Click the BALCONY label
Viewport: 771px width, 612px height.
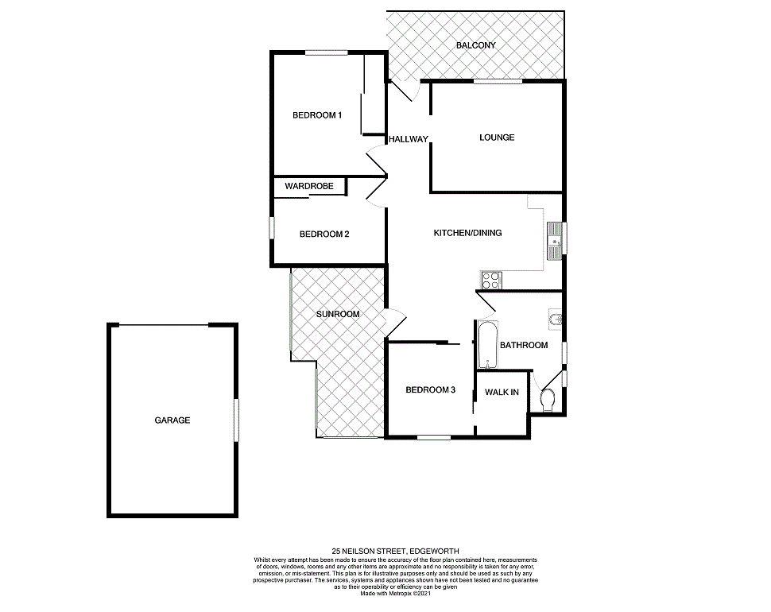coord(475,45)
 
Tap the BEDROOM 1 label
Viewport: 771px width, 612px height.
coord(317,115)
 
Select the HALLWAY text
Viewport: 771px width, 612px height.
coord(409,140)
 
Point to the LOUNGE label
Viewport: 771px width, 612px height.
coord(497,138)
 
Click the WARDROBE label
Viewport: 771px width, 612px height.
coord(308,186)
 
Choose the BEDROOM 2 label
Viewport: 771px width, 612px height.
coord(324,234)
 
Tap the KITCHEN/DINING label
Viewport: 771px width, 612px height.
coord(467,233)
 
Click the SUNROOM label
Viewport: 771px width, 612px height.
coord(338,314)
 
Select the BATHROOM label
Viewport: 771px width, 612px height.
coord(524,345)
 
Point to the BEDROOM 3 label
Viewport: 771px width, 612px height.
coord(430,389)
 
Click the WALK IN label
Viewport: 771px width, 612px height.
coord(502,392)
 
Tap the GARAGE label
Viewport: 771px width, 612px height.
coord(172,420)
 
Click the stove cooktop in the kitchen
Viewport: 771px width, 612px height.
coord(491,280)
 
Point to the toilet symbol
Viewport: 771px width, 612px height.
coord(545,401)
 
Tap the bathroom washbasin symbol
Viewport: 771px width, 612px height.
coord(555,320)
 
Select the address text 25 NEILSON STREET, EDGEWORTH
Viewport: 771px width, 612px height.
coord(395,551)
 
